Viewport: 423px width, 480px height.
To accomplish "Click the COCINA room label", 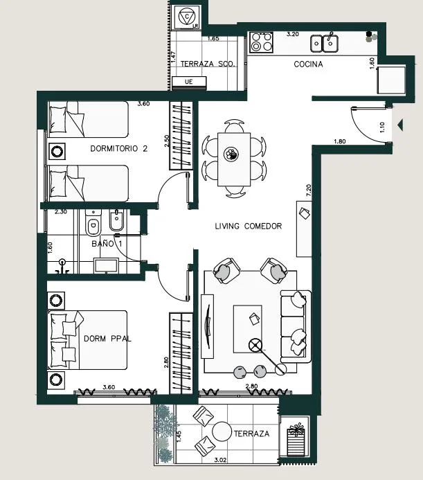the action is point(308,64).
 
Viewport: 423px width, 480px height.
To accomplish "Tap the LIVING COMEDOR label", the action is point(249,226).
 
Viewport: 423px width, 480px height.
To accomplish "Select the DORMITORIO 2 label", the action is point(119,149).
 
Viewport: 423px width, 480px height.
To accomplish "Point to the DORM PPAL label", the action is point(107,339).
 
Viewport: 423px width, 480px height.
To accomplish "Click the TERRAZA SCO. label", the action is point(208,64).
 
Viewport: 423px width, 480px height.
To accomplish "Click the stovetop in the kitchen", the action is point(262,42).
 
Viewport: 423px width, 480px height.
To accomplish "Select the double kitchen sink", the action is point(325,44).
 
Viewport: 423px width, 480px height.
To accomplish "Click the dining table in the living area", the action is point(234,159).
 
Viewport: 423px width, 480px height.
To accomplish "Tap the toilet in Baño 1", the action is point(93,223).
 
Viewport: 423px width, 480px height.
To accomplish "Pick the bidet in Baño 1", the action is point(117,220).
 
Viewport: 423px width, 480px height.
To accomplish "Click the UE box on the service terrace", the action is point(189,82).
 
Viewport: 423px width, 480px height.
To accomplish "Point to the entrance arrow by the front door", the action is point(400,125).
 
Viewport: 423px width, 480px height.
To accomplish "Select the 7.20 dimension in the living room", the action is point(308,190).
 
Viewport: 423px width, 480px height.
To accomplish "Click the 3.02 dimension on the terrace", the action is point(220,460).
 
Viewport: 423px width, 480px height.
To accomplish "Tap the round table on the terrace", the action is point(222,432).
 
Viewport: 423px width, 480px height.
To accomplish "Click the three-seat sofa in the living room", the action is point(296,327).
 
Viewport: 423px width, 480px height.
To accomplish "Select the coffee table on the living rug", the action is point(248,329).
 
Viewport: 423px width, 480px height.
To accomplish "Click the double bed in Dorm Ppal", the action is point(88,340).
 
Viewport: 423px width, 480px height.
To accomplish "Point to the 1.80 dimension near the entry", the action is point(340,141).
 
